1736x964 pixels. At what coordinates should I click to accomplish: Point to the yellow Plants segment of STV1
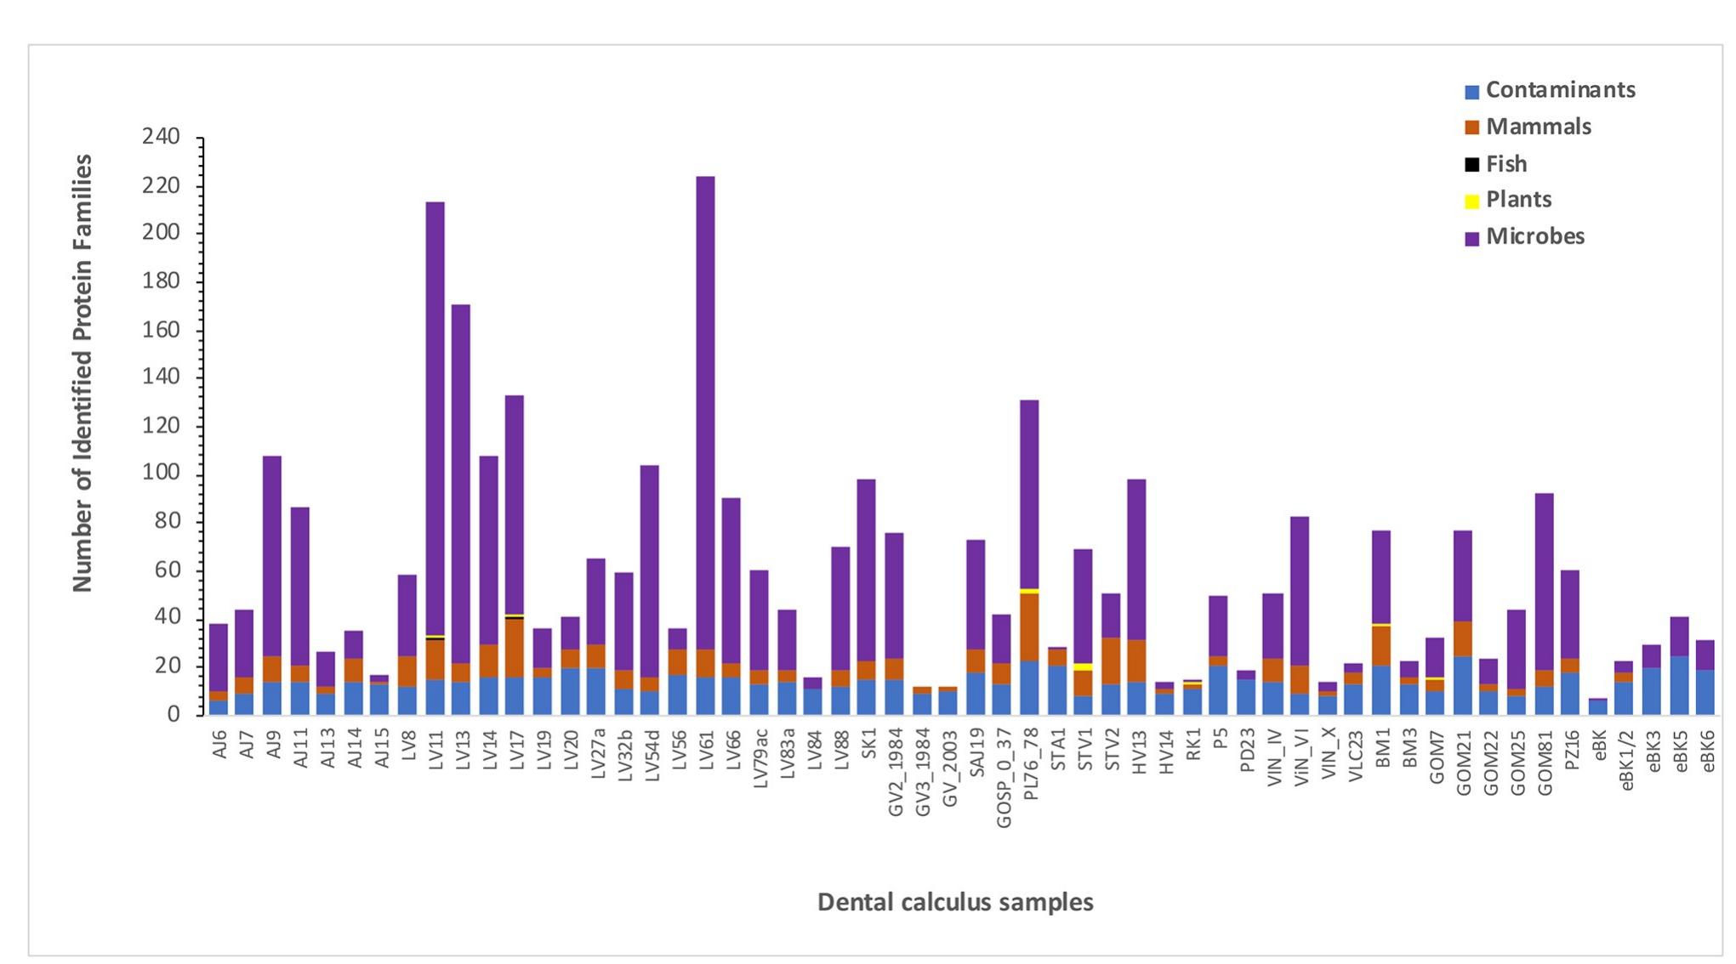pos(1083,667)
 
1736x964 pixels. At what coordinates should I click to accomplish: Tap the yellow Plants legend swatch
pos(1471,201)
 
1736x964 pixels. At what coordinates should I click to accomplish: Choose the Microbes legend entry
pos(1534,236)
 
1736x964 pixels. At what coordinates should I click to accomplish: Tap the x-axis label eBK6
pos(1706,751)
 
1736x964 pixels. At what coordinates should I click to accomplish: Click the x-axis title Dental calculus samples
pos(954,902)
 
